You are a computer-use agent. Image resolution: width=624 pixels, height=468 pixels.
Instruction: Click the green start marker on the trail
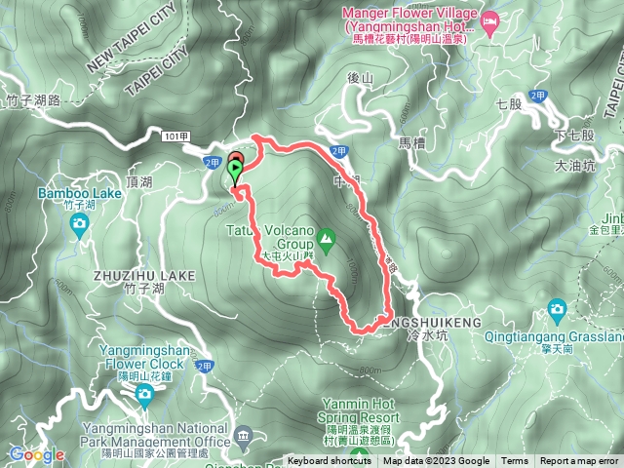pyautogui.click(x=234, y=172)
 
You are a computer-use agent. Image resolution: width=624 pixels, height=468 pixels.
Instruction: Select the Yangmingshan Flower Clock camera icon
pyautogui.click(x=144, y=394)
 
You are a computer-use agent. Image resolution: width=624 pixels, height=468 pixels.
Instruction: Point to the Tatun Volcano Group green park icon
pyautogui.click(x=327, y=237)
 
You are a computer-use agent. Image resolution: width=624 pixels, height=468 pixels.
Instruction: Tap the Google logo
pyautogui.click(x=36, y=454)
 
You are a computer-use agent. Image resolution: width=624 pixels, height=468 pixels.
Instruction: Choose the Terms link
pyautogui.click(x=515, y=461)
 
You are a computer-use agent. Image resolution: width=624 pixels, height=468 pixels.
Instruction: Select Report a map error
pyautogui.click(x=579, y=461)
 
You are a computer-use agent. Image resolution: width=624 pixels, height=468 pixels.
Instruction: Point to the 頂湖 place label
pyautogui.click(x=139, y=182)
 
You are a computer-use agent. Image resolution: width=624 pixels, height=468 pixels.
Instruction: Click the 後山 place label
pyautogui.click(x=361, y=78)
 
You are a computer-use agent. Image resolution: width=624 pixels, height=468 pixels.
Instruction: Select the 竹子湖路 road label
pyautogui.click(x=34, y=99)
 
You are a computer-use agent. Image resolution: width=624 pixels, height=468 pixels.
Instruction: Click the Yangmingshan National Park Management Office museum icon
pyautogui.click(x=244, y=433)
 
